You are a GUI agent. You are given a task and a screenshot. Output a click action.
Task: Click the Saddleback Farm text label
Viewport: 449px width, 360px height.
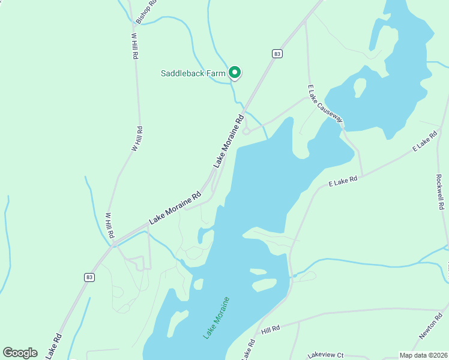tap(193, 74)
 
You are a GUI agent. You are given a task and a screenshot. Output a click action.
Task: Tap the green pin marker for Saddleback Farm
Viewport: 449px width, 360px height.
tap(235, 73)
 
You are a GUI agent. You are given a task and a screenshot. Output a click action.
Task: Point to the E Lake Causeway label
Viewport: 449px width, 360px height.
tap(325, 103)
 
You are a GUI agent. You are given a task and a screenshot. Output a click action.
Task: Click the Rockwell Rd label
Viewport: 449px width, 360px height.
tap(440, 192)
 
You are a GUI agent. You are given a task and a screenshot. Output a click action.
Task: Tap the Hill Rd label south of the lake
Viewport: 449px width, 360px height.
tap(271, 329)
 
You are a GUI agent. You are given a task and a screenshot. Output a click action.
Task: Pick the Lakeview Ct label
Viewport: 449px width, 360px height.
tap(325, 355)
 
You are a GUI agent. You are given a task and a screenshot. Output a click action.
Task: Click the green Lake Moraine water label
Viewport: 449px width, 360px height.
tap(216, 317)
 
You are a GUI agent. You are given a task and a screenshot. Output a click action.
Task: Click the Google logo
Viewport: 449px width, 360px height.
tap(20, 352)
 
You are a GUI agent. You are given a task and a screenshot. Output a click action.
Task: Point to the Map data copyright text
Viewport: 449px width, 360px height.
tap(424, 355)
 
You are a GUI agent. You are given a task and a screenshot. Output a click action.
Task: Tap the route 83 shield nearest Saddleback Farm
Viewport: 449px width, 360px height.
tap(276, 53)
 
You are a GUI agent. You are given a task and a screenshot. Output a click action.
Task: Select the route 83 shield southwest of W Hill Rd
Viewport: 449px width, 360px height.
tap(89, 277)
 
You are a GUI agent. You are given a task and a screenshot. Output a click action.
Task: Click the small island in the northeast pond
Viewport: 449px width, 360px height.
tap(360, 87)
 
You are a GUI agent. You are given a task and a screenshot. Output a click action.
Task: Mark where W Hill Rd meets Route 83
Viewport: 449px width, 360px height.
tap(112, 243)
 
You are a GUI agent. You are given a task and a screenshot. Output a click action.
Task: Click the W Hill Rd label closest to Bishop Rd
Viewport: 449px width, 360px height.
tap(134, 45)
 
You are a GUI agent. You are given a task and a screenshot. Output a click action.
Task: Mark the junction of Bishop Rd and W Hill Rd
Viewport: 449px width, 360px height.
tap(131, 24)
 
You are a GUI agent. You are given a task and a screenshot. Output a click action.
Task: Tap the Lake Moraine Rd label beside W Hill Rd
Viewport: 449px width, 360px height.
tap(175, 208)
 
